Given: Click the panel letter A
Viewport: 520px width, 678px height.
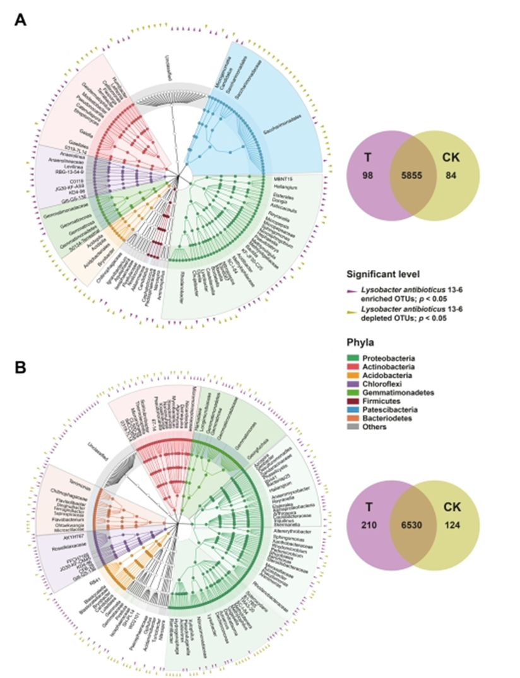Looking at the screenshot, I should coord(21,20).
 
